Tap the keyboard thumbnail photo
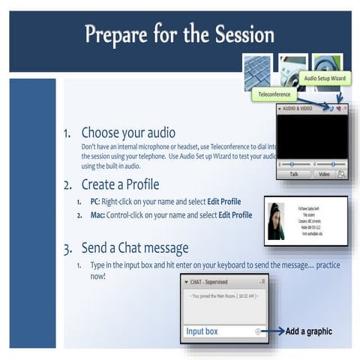257,67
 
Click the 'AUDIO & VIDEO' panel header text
299,109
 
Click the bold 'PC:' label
94,202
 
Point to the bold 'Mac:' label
96,215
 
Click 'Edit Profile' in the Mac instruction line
235,215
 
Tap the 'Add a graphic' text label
308,331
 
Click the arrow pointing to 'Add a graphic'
271,330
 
